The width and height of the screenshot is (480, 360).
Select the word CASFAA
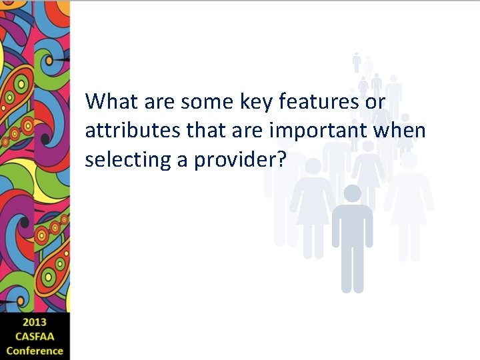pos(35,337)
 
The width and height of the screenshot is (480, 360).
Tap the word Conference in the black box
pos(35,350)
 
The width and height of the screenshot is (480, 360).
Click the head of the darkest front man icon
pos(352,194)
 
